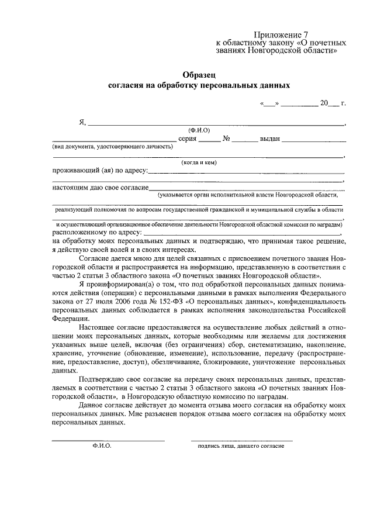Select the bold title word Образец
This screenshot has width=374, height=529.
tap(199, 74)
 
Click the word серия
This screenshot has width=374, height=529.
tap(187, 139)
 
